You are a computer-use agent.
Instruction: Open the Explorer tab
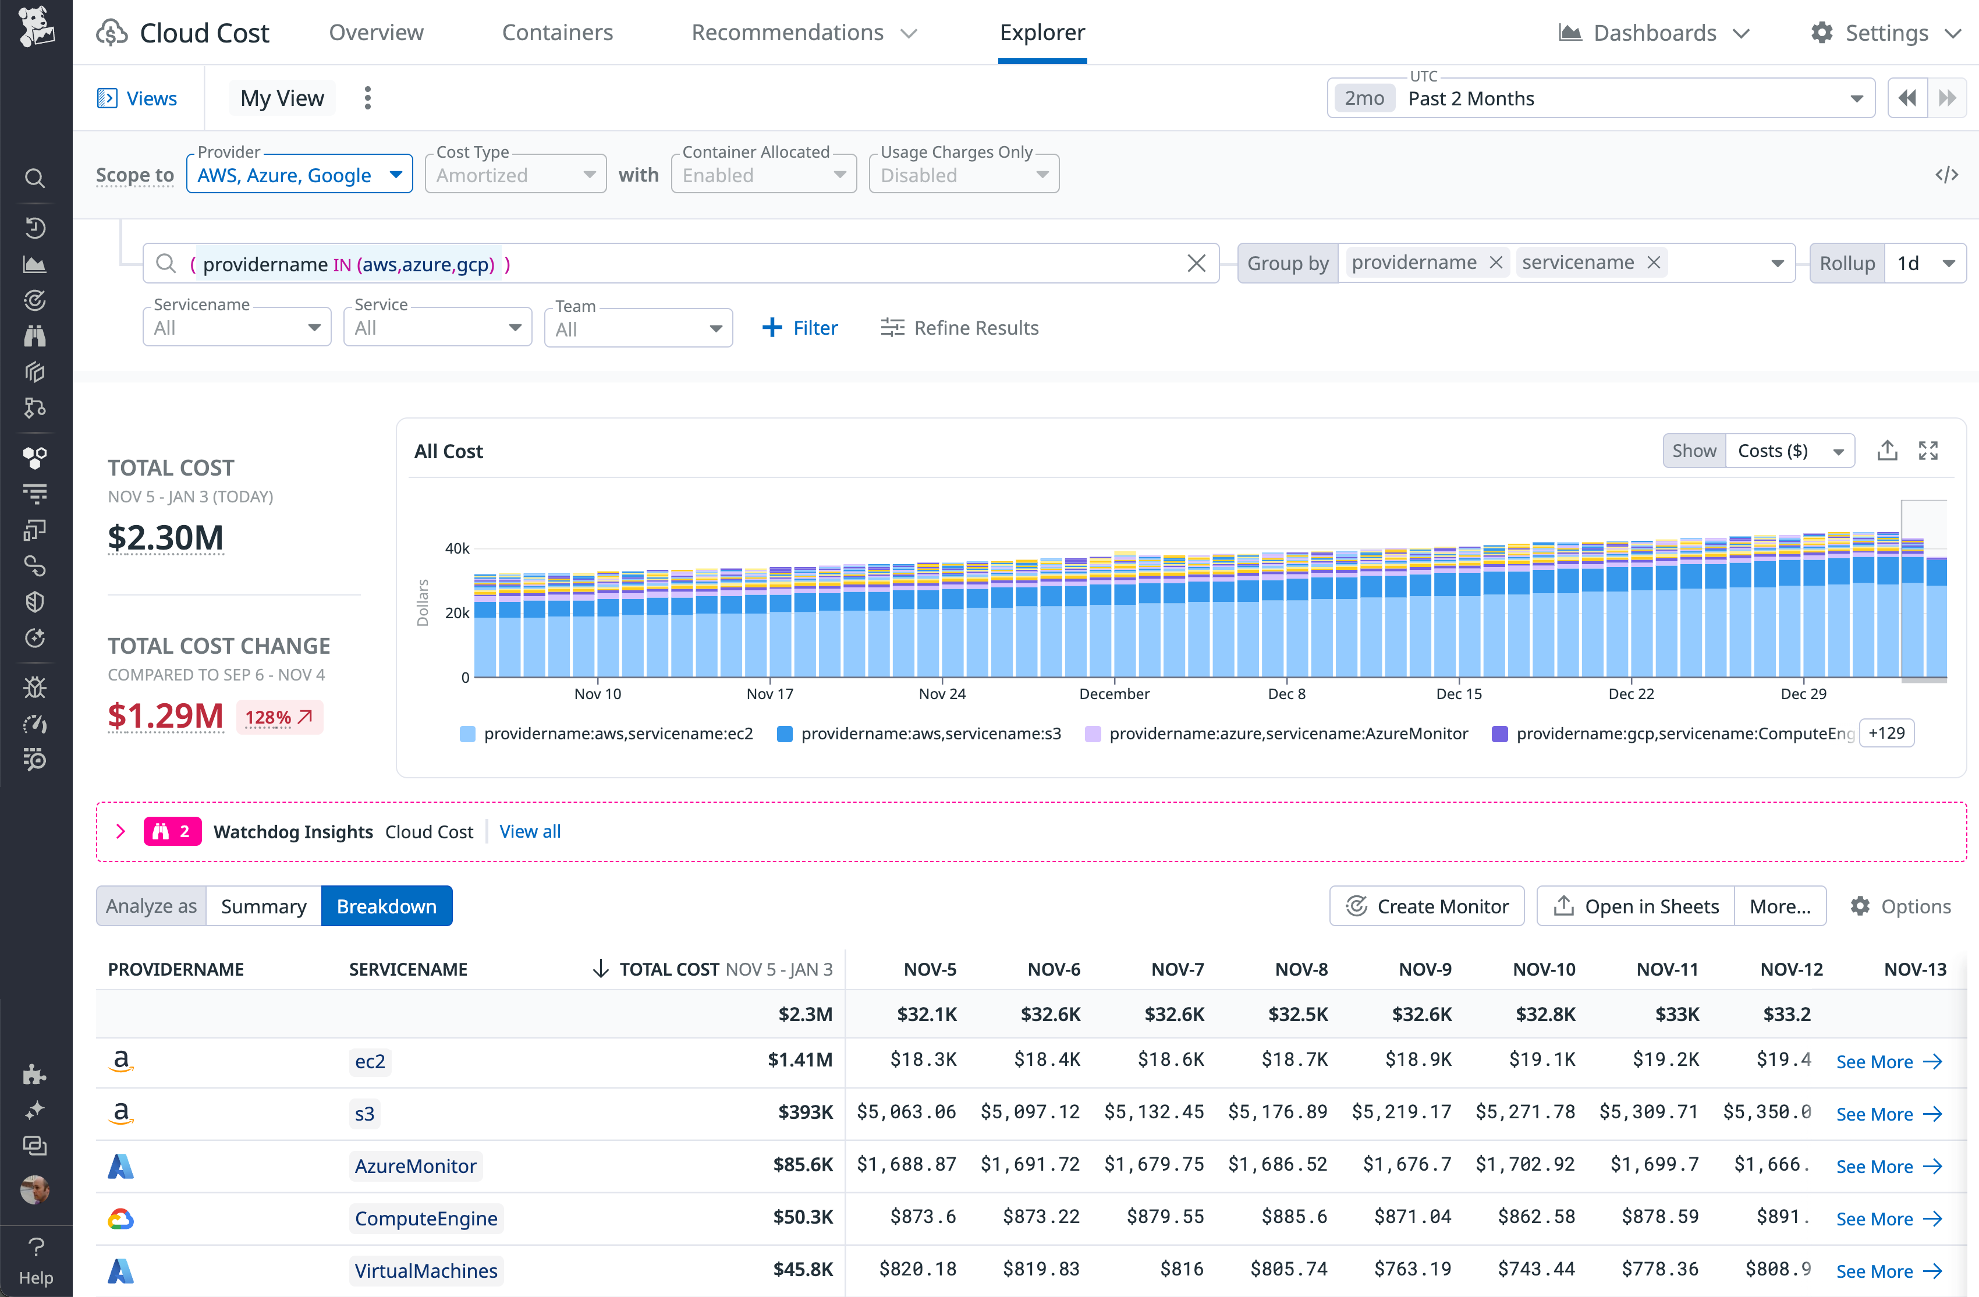pos(1042,33)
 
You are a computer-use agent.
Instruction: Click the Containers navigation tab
pos(557,33)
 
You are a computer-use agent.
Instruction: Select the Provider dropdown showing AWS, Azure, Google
pos(299,175)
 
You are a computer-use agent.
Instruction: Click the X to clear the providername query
pos(1196,264)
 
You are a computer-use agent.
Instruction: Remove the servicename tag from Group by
pos(1654,263)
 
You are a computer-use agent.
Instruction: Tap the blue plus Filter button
pos(799,328)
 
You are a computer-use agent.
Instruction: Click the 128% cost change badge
pos(279,717)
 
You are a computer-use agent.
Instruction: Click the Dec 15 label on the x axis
pos(1459,693)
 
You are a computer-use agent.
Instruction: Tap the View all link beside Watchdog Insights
pos(530,831)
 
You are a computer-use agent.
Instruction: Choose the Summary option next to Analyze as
pos(264,906)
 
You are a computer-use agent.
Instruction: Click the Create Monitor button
pos(1426,906)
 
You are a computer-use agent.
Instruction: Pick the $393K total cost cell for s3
pos(805,1112)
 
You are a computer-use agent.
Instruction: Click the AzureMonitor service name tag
pos(415,1165)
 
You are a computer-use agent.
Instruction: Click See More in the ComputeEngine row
pos(1888,1219)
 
